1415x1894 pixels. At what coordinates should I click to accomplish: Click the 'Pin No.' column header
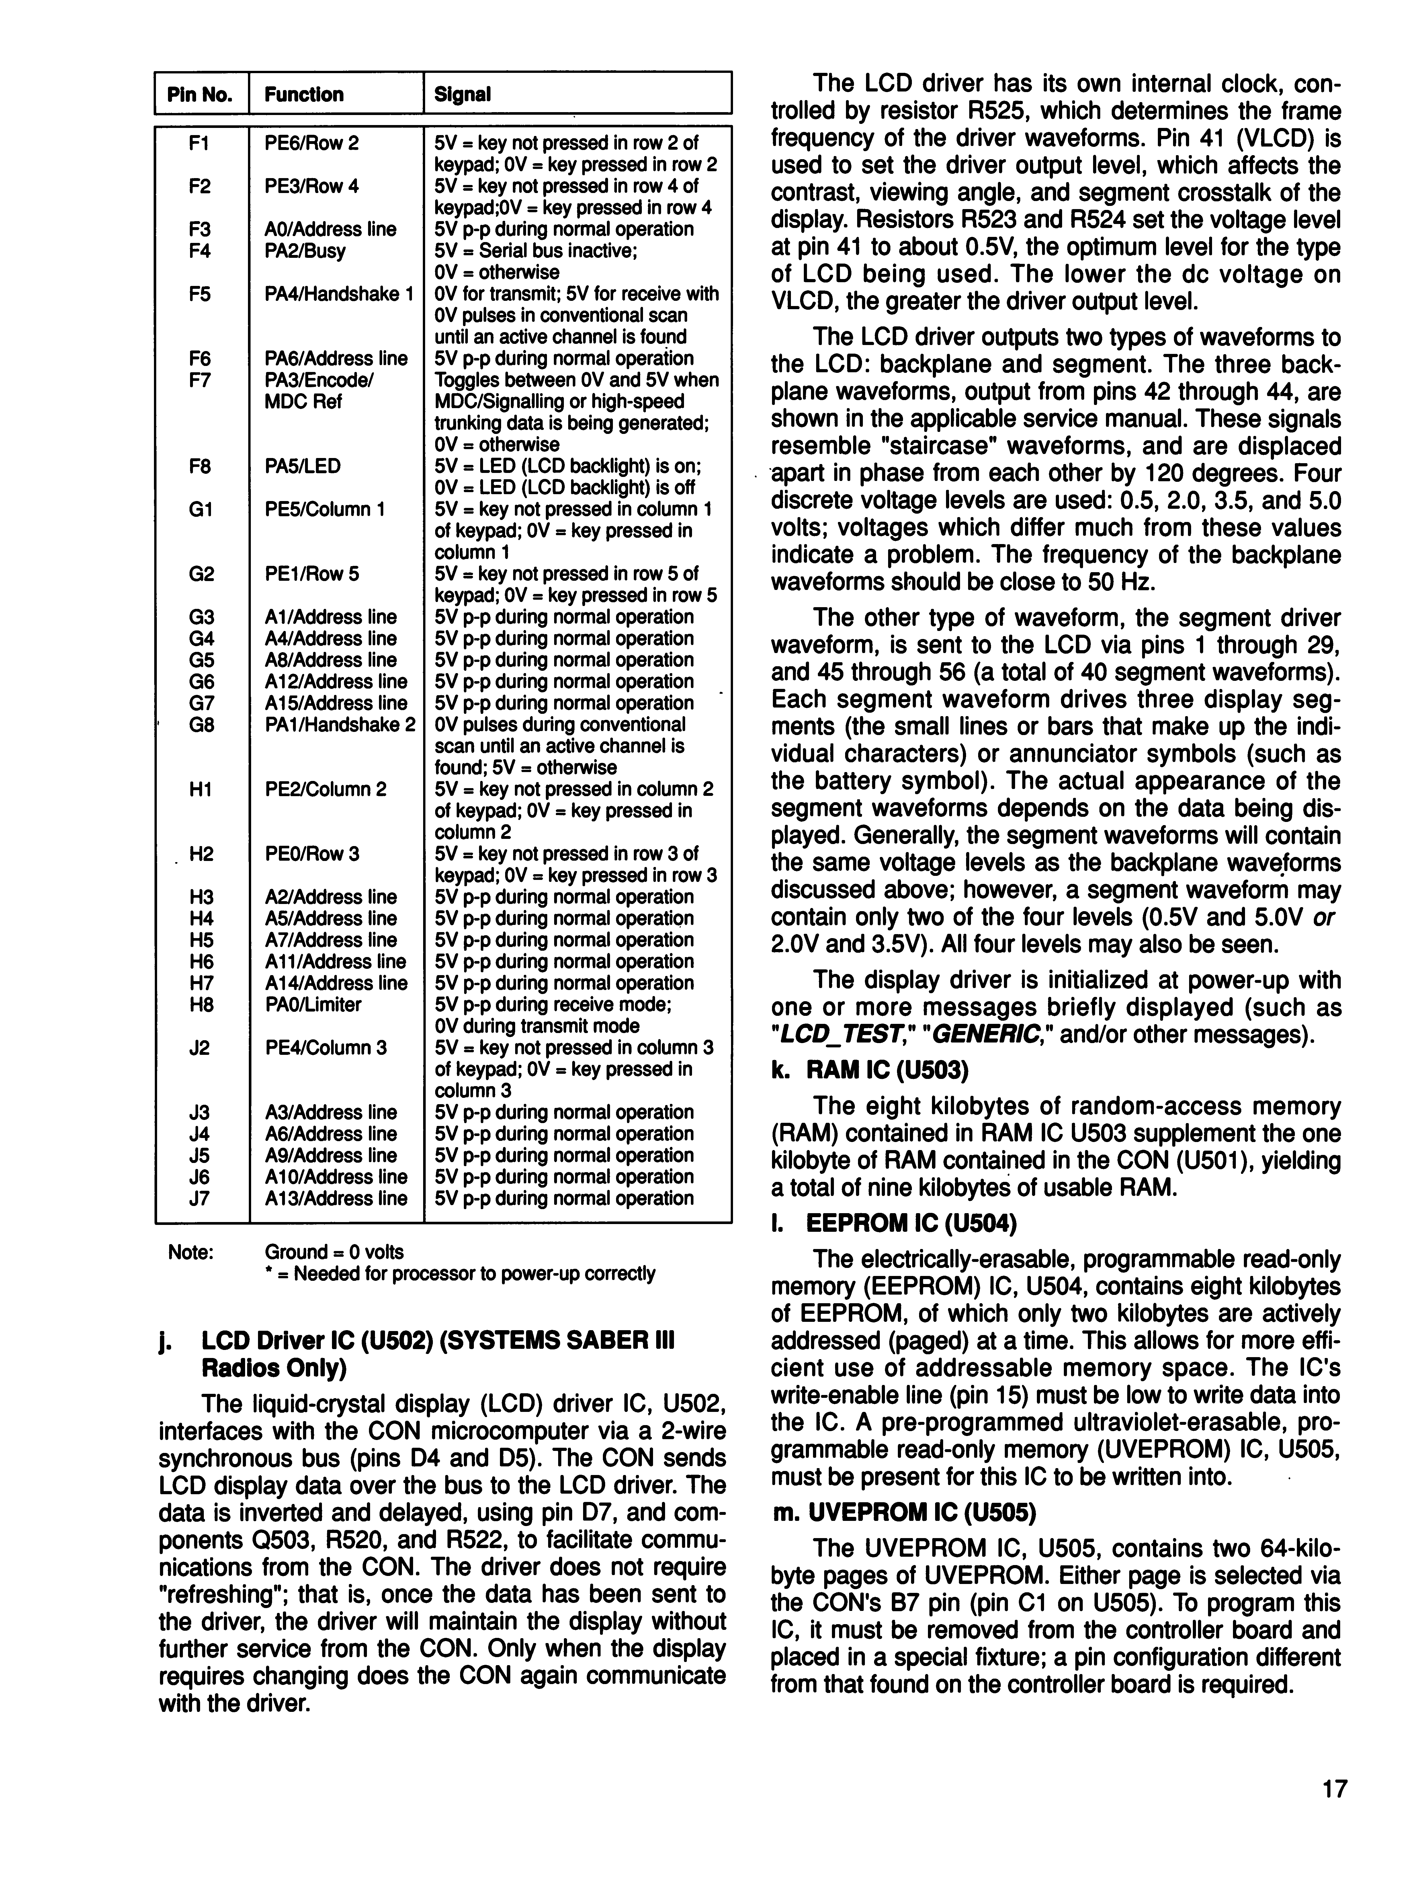click(x=200, y=94)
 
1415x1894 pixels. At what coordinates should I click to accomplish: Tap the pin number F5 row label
click(x=200, y=294)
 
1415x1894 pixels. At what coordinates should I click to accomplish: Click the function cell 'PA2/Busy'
click(x=305, y=251)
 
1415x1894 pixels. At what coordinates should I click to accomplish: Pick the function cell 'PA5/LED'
click(x=302, y=466)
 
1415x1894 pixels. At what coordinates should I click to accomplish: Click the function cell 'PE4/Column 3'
click(x=325, y=1047)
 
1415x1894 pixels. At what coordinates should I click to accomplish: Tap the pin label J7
click(x=200, y=1198)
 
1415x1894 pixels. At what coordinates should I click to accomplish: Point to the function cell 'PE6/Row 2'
click(x=312, y=143)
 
